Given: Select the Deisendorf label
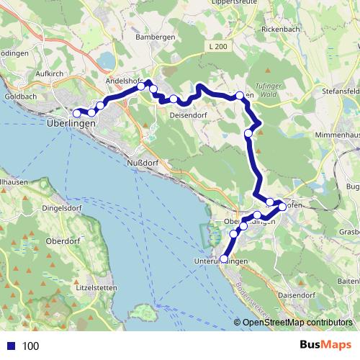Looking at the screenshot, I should point(189,114).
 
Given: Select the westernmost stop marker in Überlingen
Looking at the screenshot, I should point(76,113).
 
